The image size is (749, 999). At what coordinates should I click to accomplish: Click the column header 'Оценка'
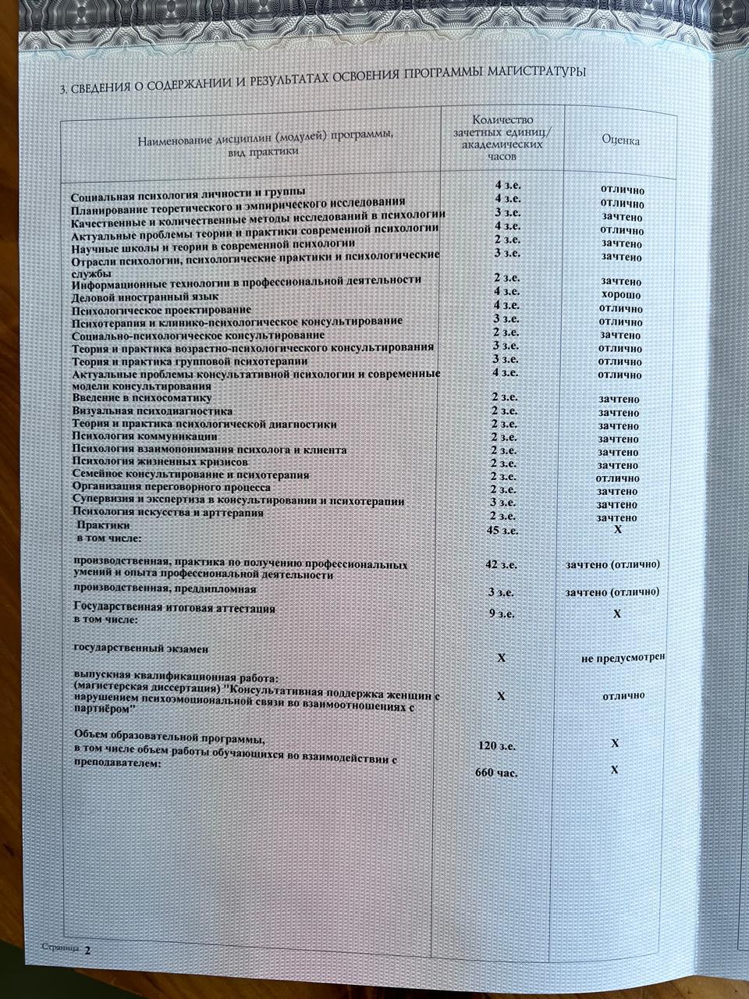click(620, 140)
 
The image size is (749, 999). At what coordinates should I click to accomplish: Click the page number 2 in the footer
click(88, 950)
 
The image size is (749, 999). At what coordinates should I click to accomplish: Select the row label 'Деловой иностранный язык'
click(145, 297)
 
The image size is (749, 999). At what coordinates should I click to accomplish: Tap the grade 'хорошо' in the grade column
click(621, 295)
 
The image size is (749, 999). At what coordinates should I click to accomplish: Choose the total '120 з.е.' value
click(496, 746)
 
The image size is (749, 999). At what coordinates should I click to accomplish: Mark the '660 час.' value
click(496, 773)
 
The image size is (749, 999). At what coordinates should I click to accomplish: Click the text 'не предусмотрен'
click(623, 658)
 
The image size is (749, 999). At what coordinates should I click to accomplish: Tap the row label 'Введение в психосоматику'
click(142, 398)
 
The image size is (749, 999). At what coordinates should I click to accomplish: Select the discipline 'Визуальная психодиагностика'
click(152, 411)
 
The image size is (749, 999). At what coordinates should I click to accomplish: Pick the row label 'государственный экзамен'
click(140, 648)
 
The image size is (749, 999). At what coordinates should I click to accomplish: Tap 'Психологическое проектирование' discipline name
click(162, 310)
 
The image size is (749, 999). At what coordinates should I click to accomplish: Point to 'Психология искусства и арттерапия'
click(167, 513)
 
